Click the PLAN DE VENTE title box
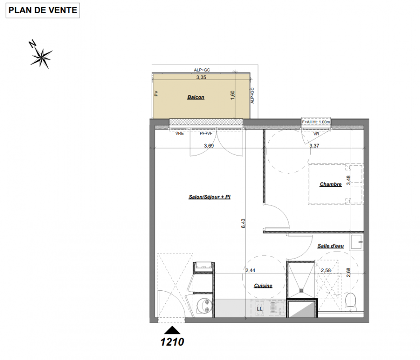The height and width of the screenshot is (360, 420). coord(43,10)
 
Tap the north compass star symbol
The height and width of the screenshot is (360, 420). coord(41,58)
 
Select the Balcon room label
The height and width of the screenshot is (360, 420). coord(196,97)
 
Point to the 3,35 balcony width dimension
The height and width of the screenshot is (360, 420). coord(201,77)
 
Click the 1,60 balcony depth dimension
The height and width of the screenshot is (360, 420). coord(232,95)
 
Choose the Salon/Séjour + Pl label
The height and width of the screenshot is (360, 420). coord(209,197)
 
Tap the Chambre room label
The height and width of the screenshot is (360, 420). coord(330,184)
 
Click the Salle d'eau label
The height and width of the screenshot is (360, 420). coord(330,246)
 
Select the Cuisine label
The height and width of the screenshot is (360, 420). coord(263,286)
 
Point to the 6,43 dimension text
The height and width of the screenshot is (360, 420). coord(243,223)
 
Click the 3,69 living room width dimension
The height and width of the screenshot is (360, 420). coord(209,146)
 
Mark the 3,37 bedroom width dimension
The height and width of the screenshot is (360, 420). coord(314,146)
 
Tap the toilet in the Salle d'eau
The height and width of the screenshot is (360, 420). coord(350,302)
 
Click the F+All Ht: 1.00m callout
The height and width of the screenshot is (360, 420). coord(316,122)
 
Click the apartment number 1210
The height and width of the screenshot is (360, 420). coord(172,342)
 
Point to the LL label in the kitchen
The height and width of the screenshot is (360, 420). coord(259,309)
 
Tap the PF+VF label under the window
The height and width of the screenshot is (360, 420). coord(206,133)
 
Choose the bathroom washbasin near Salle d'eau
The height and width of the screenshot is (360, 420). coord(357,242)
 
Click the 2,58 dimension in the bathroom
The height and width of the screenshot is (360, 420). coord(326,270)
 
